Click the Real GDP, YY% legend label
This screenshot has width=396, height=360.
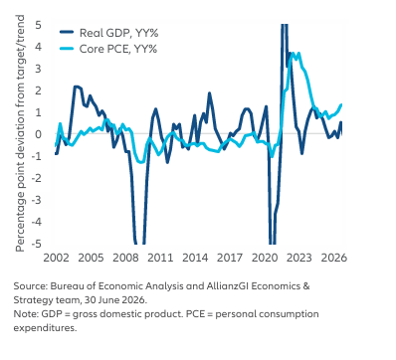point(118,33)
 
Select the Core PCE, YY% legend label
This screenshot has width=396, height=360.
point(118,49)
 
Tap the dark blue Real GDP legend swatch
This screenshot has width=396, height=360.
point(67,32)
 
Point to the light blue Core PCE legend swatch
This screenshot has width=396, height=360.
point(67,49)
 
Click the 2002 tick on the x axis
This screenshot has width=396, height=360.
point(57,258)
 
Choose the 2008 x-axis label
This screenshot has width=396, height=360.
point(125,258)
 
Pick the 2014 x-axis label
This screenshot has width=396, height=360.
point(195,258)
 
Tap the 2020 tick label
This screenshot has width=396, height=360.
point(265,258)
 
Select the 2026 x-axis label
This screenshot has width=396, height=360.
point(333,258)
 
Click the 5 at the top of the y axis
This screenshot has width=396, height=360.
point(39,25)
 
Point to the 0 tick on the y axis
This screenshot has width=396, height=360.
point(39,134)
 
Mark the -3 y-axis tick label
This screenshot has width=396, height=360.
point(37,200)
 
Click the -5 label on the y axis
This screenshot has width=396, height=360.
point(37,244)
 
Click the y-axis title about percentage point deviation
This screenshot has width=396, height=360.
point(20,133)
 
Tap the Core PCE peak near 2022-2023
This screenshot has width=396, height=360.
point(293,54)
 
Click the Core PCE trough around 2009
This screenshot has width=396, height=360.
point(141,162)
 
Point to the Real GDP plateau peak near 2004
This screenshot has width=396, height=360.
point(77,87)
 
